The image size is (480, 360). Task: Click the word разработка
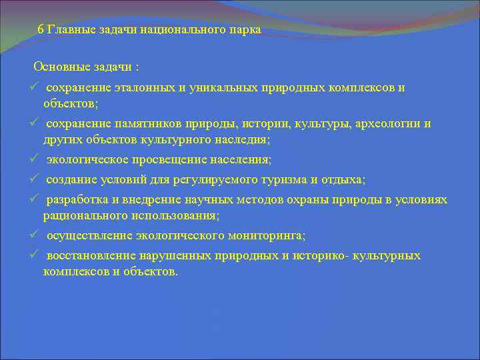click(x=74, y=200)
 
